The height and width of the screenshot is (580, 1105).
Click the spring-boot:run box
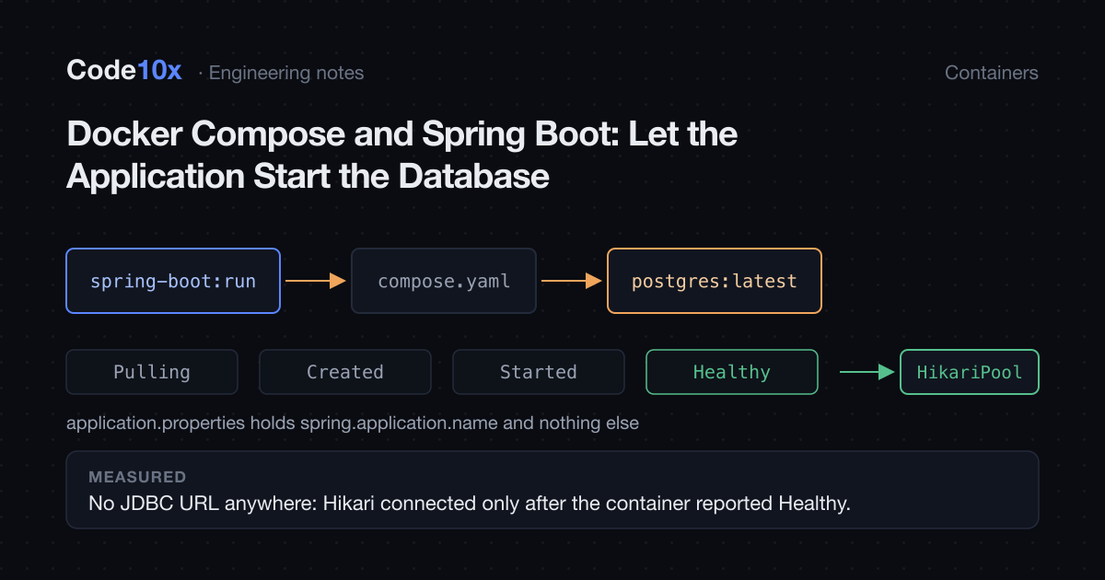click(173, 281)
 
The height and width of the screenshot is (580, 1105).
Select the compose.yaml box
click(444, 281)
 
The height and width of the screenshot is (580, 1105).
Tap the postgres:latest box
click(715, 281)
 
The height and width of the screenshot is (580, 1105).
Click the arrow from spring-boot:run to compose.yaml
click(316, 281)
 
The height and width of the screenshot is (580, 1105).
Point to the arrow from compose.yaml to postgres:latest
click(572, 281)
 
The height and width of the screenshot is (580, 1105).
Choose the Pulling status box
click(152, 372)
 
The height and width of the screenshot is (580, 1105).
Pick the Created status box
click(345, 372)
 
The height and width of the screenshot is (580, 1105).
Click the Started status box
click(539, 372)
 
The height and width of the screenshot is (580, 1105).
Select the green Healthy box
click(732, 372)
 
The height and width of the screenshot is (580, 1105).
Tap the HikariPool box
click(970, 372)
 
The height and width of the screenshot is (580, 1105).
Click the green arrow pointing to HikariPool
click(867, 372)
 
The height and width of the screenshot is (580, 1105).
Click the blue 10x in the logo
click(159, 70)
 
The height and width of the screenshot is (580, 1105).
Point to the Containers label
click(992, 73)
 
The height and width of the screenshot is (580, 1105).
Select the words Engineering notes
click(286, 73)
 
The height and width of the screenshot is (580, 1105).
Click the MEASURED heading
click(137, 477)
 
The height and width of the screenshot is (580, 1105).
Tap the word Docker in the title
click(125, 133)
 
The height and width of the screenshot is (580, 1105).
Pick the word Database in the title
click(473, 176)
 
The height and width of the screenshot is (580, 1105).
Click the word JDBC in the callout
click(147, 504)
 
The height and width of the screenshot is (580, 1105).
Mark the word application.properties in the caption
click(156, 423)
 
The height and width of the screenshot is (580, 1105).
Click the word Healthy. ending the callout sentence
click(814, 504)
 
